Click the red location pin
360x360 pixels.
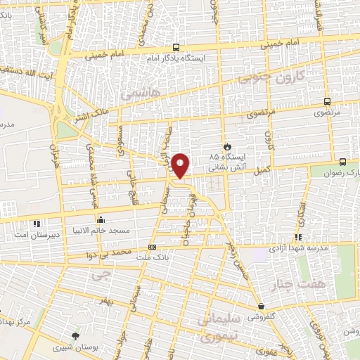pyautogui.click(x=181, y=165)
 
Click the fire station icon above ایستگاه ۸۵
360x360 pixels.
pyautogui.click(x=226, y=146)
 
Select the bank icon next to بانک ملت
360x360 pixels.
pyautogui.click(x=153, y=247)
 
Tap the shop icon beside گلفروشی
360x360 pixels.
pyautogui.click(x=262, y=306)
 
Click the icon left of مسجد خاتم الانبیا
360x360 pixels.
pyautogui.click(x=101, y=219)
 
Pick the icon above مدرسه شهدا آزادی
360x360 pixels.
pyautogui.click(x=298, y=237)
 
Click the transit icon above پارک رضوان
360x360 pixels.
pyautogui.click(x=342, y=161)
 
